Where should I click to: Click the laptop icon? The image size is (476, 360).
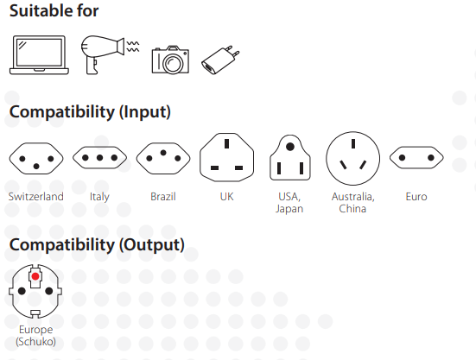coord(39,55)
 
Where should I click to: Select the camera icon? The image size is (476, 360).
coord(170,60)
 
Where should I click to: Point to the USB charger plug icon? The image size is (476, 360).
coord(220,60)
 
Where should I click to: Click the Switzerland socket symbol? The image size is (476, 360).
coord(36,158)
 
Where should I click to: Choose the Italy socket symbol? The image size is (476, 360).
coord(99,157)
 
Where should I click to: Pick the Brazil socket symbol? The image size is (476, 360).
coord(163,158)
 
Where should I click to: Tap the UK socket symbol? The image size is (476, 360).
coord(226,157)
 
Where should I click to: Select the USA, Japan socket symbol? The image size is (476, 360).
coord(290,158)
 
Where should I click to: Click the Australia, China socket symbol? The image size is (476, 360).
coord(353,158)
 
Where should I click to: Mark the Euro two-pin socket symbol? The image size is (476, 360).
coord(416,158)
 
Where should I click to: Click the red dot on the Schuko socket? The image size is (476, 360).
coord(35,276)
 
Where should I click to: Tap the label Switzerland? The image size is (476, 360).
coord(35,197)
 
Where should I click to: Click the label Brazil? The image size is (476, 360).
coord(163,197)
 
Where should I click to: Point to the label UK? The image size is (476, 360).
coord(226,197)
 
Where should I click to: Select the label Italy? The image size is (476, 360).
coord(99,197)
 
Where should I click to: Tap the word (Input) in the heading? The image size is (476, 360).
coord(145,112)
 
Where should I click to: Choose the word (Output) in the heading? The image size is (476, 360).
coord(151,245)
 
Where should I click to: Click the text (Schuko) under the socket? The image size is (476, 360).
coord(35,342)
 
